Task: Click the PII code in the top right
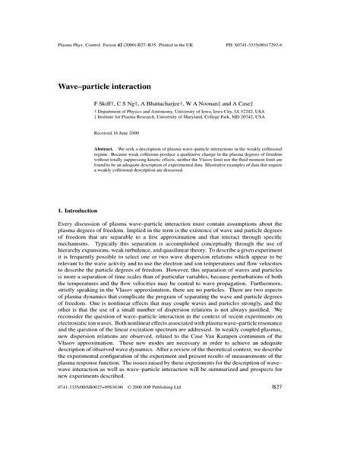click(x=279, y=46)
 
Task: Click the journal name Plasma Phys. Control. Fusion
click(x=82, y=46)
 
